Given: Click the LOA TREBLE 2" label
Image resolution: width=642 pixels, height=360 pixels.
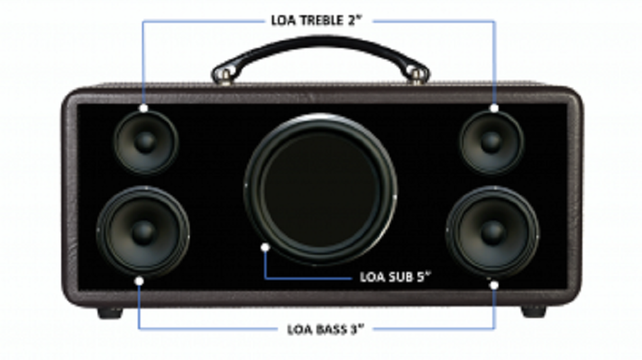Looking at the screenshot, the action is (x=317, y=21).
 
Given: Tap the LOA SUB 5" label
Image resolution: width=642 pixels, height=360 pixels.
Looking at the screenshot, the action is (x=395, y=277).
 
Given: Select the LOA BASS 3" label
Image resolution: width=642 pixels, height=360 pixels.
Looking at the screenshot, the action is (x=325, y=329).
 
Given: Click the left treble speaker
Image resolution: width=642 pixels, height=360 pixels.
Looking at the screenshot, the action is (x=146, y=142).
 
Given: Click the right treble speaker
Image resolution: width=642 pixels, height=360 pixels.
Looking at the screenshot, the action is (x=492, y=142).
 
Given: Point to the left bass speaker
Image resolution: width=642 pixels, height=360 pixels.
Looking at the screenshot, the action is (x=143, y=232).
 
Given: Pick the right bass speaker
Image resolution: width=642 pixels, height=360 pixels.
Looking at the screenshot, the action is (x=492, y=232).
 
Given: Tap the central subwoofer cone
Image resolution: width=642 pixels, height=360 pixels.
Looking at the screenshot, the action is (x=320, y=190).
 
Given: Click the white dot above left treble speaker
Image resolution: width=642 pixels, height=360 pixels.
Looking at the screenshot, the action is (x=144, y=108).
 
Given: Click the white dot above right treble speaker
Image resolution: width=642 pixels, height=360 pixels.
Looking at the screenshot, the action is (x=494, y=108).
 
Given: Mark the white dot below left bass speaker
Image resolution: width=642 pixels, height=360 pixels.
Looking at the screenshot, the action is (x=139, y=281).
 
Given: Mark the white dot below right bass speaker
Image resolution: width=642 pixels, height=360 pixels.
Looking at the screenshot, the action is (x=494, y=285).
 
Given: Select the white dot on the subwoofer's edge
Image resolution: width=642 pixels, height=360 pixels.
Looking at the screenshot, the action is (x=265, y=247).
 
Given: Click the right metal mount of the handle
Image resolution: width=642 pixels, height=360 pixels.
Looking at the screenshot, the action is (x=417, y=76).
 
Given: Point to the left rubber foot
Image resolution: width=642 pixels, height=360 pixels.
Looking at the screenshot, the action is (x=110, y=313).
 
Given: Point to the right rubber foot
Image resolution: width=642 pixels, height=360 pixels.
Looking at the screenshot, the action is (x=534, y=312).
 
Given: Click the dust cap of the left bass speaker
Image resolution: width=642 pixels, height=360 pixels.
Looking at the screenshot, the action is (x=144, y=232).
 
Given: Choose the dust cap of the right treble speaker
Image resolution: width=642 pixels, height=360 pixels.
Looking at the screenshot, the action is (x=492, y=142).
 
